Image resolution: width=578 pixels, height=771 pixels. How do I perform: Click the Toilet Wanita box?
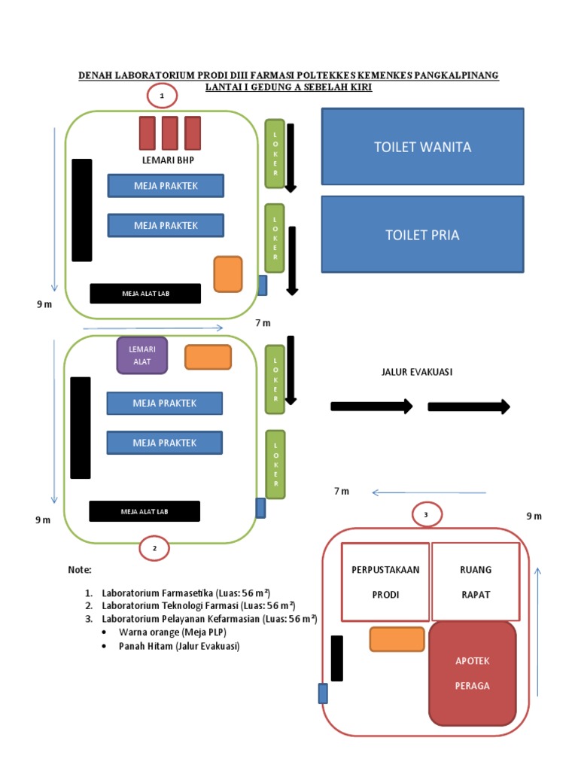(422, 147)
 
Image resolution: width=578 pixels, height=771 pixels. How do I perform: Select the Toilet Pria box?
(422, 235)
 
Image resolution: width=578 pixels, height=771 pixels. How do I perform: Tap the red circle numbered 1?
(161, 96)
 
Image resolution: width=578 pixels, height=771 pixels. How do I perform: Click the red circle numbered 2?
(155, 549)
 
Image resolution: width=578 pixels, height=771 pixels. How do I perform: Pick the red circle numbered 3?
(426, 515)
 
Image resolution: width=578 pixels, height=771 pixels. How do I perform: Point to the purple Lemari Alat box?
(141, 355)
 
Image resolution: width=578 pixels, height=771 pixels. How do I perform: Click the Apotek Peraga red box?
(473, 672)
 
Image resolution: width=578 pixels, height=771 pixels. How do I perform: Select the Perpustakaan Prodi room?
(385, 581)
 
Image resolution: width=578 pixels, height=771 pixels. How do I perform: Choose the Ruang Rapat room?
(475, 581)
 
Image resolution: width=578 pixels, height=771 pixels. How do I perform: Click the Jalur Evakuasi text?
(417, 372)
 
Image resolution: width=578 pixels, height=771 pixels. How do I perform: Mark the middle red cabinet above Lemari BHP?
(170, 133)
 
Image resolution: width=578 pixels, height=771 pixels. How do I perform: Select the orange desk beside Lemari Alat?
(208, 357)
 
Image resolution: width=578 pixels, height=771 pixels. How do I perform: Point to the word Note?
(80, 569)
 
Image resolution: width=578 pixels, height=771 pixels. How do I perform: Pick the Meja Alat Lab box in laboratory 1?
(145, 294)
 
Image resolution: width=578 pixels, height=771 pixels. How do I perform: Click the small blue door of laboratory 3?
(323, 693)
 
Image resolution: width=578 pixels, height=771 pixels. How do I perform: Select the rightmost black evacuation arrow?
(469, 407)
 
